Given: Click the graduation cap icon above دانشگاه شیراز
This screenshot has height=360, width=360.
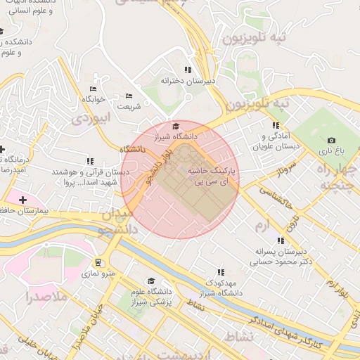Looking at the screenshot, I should [x=176, y=126].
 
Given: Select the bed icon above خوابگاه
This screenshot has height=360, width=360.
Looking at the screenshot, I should [x=93, y=89].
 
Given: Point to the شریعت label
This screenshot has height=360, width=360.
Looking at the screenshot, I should [x=129, y=106].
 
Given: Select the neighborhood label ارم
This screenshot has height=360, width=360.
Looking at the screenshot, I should [x=262, y=224].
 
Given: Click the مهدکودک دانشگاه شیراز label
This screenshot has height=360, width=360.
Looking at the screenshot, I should [x=220, y=288].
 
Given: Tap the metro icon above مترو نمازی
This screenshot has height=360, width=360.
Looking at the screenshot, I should [x=96, y=262].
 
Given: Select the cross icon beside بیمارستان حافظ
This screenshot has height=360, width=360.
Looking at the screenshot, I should [x=22, y=200].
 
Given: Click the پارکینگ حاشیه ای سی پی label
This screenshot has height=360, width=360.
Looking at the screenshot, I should [x=211, y=176].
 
